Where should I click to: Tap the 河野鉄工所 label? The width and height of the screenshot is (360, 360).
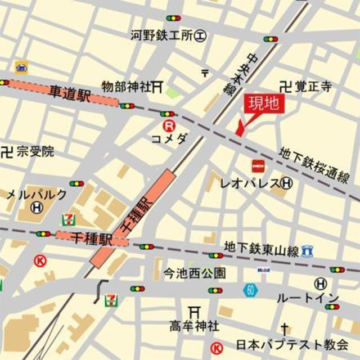click(163, 36)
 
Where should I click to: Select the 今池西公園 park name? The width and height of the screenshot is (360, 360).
click(195, 274)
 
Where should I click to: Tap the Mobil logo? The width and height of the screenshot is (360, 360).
click(263, 270)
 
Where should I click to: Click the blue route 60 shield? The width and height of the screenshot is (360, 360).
click(250, 290)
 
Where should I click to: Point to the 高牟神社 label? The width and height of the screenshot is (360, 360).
click(195, 326)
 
